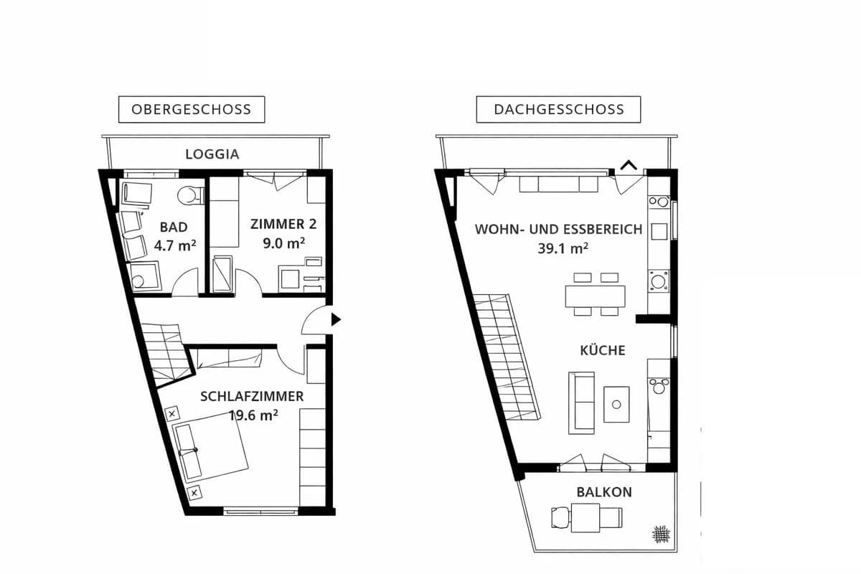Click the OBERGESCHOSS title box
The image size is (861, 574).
[x=191, y=110]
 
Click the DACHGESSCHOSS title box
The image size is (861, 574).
[x=558, y=110]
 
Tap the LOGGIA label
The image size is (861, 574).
[x=212, y=154]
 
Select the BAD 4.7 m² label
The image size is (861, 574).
[x=174, y=236]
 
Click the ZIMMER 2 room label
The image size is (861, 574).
[x=283, y=224]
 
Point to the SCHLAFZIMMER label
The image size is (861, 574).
[x=252, y=396]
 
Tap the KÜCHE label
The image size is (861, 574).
[x=603, y=350]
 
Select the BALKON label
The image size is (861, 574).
[x=604, y=492]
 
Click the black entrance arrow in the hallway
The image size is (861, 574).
[x=335, y=320]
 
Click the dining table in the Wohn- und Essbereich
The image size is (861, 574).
[x=595, y=296]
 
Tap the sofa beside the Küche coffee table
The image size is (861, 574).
[x=581, y=403]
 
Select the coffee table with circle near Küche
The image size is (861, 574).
[x=616, y=404]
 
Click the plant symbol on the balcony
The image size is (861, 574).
[x=661, y=533]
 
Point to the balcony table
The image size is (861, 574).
[x=586, y=517]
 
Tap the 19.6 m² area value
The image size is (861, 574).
[x=253, y=414]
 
